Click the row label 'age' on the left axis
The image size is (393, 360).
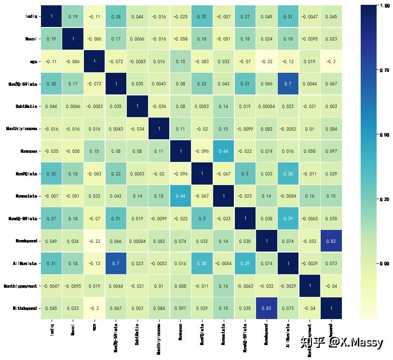point(33,61)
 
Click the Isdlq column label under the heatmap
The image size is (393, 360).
point(52,329)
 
